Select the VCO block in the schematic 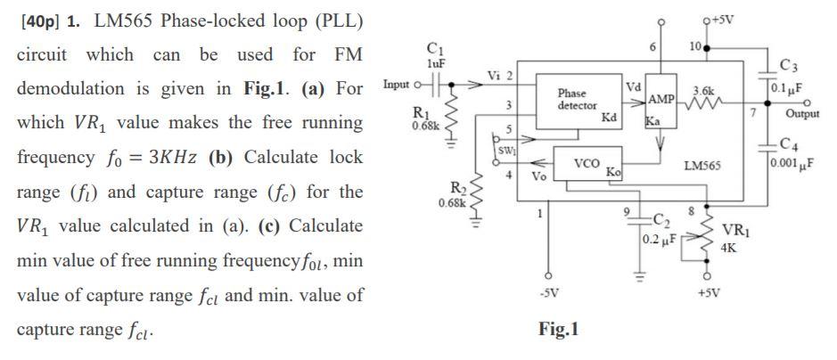(x=586, y=164)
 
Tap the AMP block (x=661, y=99)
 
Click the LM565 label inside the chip (x=702, y=166)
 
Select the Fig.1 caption (x=559, y=330)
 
